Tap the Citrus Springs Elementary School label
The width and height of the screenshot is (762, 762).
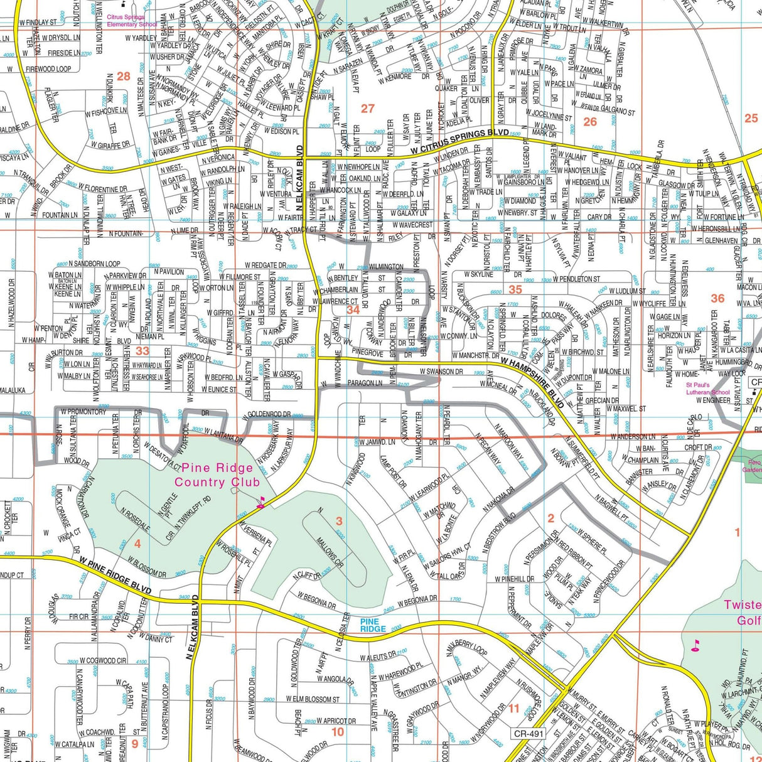click(x=132, y=21)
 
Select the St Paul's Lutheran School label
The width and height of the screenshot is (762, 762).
click(x=707, y=389)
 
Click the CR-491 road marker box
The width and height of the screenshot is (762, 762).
click(x=528, y=732)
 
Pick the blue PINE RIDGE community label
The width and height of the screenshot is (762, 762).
click(x=373, y=625)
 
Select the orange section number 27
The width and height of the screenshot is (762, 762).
click(x=368, y=108)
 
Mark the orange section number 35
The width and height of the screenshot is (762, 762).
click(x=515, y=289)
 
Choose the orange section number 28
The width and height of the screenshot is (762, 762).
click(x=123, y=77)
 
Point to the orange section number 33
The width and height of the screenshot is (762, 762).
click(x=143, y=351)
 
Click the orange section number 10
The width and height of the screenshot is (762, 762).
click(x=338, y=732)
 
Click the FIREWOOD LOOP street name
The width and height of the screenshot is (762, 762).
click(x=48, y=68)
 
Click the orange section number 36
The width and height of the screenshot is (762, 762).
click(x=717, y=299)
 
